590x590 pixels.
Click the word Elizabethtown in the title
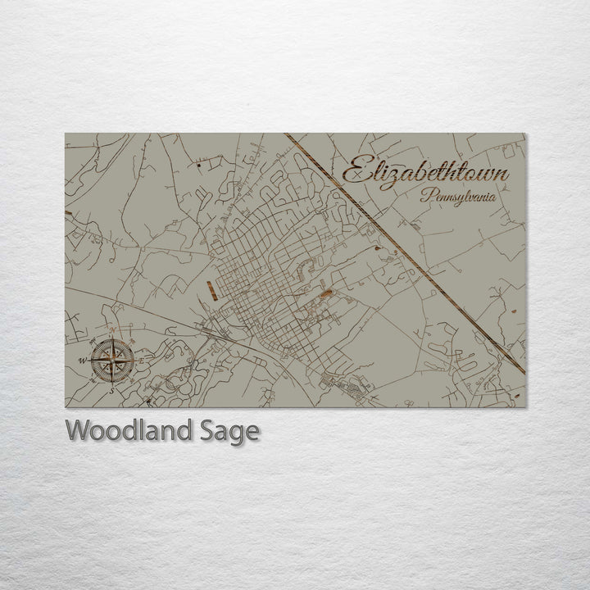pyautogui.click(x=424, y=172)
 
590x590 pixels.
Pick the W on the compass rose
pyautogui.click(x=82, y=361)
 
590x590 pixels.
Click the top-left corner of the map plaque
pyautogui.click(x=66, y=134)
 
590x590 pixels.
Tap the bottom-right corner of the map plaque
pyautogui.click(x=525, y=407)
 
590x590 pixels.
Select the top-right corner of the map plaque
pyautogui.click(x=525, y=134)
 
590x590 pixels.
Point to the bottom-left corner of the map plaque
pyautogui.click(x=66, y=407)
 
